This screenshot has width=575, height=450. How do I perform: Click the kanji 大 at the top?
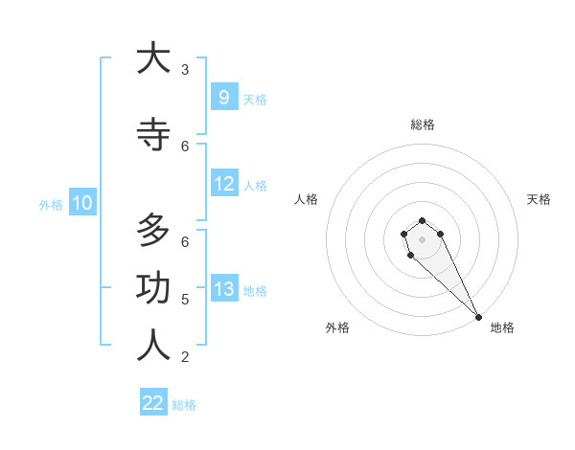153,58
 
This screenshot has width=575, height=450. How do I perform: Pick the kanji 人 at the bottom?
153,346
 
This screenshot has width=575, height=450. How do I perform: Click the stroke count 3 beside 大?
185,70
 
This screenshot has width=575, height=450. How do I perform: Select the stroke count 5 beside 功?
185,300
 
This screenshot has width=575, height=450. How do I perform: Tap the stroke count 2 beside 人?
185,357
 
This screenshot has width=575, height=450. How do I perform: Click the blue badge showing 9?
223,97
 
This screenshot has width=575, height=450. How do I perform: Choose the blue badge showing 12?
223,184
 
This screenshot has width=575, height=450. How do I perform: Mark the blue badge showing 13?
223,289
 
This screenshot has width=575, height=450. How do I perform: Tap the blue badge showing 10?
81,203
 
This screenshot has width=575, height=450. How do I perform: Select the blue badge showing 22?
153,403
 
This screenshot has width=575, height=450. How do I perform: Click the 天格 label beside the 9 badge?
255,99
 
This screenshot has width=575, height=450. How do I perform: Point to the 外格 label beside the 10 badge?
51,204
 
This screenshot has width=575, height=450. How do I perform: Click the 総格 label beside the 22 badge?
184,405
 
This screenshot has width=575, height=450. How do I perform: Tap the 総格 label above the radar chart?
423,124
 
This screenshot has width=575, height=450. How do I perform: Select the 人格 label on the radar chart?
307,199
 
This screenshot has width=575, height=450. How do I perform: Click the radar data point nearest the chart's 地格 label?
478,317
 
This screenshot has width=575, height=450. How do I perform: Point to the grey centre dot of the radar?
422,239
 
